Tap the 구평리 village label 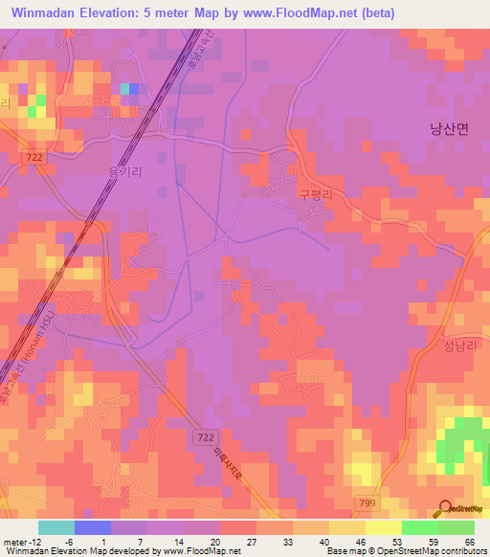[x=315, y=192]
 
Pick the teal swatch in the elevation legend [x=56, y=527]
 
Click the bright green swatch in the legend [x=420, y=527]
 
